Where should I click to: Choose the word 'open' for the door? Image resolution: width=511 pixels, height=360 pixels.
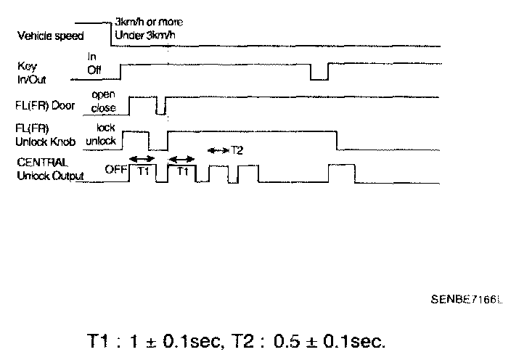click(x=103, y=94)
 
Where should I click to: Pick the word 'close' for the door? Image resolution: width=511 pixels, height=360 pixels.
click(x=104, y=107)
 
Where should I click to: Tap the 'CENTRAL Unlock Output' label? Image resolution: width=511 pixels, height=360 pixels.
click(x=49, y=169)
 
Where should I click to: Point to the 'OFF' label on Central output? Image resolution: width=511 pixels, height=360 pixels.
click(x=115, y=171)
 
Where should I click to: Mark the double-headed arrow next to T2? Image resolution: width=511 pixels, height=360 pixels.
click(x=218, y=150)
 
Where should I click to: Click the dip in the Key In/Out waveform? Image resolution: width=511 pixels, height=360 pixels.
click(x=319, y=72)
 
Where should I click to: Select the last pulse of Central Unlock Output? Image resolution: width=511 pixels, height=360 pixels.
click(x=340, y=173)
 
